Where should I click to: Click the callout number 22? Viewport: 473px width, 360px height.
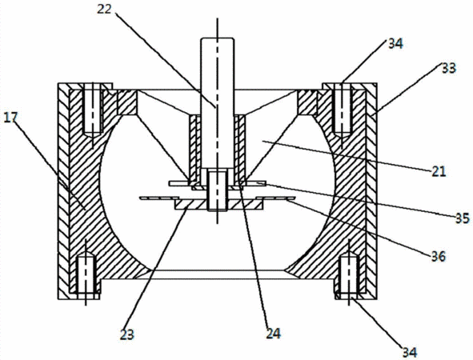coord(104,9)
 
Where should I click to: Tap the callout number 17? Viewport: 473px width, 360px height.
coord(10,118)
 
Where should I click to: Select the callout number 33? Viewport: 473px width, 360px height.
coord(448,69)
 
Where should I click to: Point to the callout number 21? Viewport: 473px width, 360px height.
coord(439,172)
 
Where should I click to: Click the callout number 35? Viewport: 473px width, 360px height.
coord(463,218)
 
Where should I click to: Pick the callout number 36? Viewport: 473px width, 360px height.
coord(439,257)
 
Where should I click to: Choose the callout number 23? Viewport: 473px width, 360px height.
coord(126,334)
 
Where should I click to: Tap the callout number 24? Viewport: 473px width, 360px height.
coord(273,334)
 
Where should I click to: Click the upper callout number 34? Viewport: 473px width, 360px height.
coord(395,44)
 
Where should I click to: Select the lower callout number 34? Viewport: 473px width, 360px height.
coord(410,352)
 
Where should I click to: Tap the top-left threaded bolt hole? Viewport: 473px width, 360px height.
coord(93,109)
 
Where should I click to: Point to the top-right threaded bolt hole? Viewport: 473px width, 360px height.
coord(342,109)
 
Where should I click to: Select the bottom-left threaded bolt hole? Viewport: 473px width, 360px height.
coord(86,274)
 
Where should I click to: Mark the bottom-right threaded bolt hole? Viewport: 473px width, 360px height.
coord(349,274)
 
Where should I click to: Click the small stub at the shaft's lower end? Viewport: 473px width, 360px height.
coord(217,190)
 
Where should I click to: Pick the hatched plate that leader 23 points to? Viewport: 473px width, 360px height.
coord(218,204)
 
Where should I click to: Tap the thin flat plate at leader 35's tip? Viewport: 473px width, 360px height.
coord(217,183)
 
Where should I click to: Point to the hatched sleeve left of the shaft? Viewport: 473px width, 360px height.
coord(194,150)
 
